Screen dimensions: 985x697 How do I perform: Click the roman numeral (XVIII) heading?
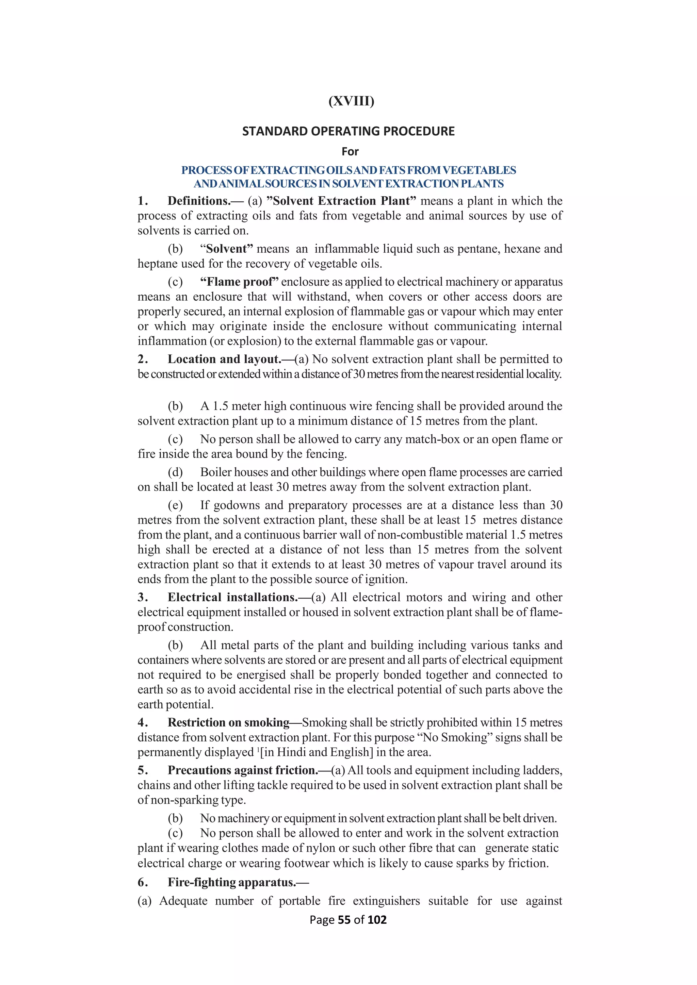tap(351, 101)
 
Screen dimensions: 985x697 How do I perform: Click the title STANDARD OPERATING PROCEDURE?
tap(348, 131)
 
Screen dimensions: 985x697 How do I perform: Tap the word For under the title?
tap(350, 151)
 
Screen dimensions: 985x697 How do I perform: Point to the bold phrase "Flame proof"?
tap(239, 282)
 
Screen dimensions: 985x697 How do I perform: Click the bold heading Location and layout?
tap(224, 359)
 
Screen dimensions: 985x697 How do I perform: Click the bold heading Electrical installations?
tap(233, 598)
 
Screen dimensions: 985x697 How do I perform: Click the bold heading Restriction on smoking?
tap(228, 723)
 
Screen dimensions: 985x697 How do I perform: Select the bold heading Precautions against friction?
tap(243, 770)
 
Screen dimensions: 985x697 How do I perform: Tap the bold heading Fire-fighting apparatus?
tap(232, 883)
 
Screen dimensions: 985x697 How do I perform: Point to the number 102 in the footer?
tap(377, 920)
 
